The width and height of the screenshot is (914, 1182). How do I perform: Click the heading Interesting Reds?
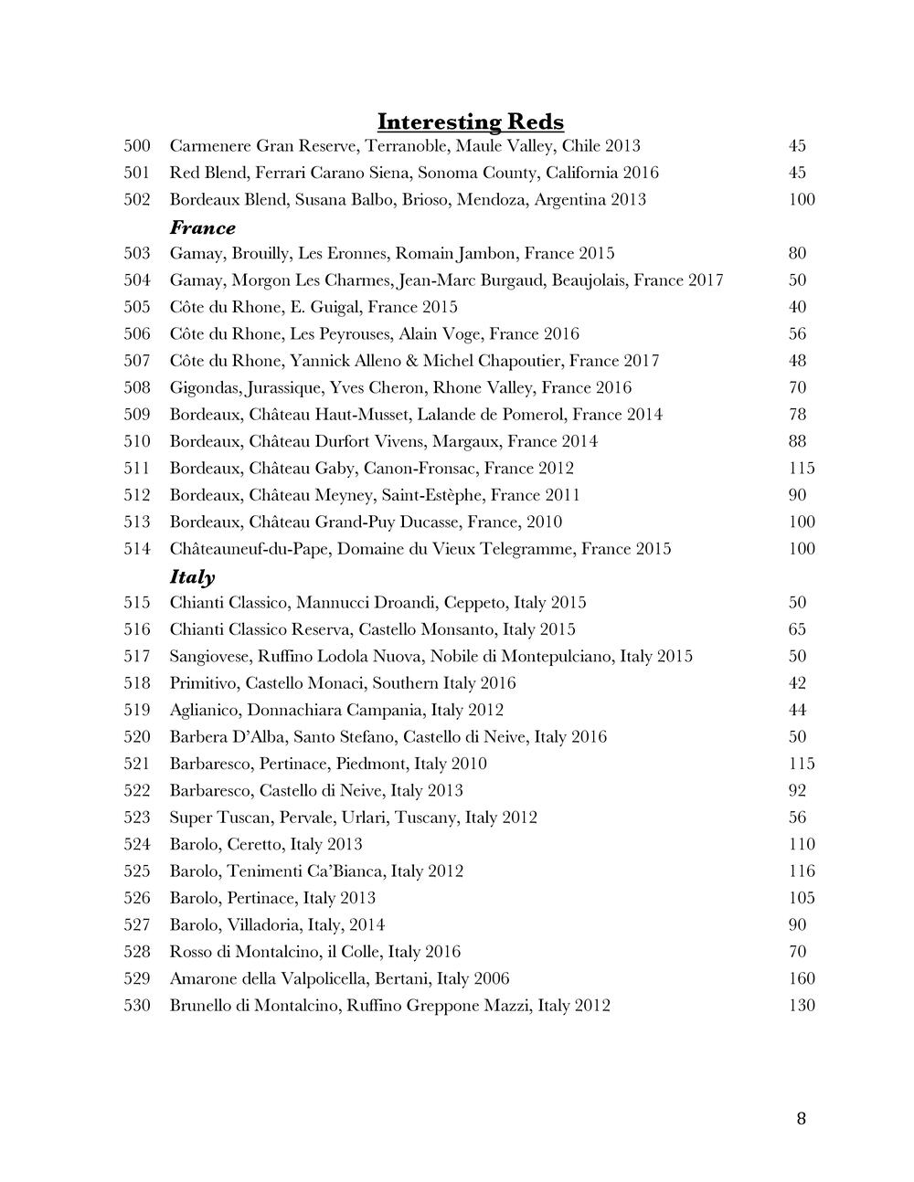tap(470, 121)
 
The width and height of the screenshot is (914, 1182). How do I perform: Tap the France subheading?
tap(202, 227)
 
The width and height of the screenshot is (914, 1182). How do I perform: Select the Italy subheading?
tap(192, 576)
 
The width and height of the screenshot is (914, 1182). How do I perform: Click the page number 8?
tap(802, 1119)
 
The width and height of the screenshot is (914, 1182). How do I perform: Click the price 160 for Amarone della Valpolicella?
tap(802, 978)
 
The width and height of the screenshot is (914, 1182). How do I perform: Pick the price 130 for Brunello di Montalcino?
tap(802, 1006)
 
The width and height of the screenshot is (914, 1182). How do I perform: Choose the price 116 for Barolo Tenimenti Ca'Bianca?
tap(802, 871)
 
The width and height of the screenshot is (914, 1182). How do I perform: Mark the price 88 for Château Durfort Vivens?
tap(797, 442)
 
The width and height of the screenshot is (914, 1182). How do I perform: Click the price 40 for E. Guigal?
tap(797, 307)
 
